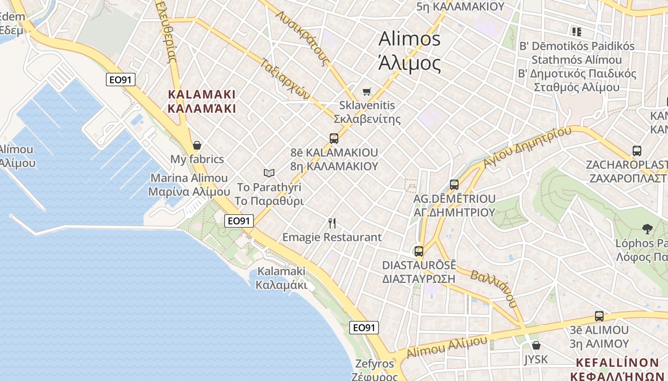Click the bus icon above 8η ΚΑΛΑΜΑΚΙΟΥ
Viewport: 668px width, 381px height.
334,139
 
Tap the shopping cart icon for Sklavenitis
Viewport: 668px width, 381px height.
366,91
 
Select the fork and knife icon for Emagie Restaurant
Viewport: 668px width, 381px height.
333,223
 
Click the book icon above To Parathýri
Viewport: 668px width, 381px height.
269,173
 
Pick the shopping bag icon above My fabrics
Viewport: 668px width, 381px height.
197,145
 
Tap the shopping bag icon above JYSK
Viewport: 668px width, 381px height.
536,345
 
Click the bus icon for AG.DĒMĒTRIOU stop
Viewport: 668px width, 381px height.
454,184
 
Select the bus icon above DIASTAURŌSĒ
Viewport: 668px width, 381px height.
419,251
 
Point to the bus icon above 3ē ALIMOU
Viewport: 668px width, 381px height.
599,316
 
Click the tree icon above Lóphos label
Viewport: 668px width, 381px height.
647,229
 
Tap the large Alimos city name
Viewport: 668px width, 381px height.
409,39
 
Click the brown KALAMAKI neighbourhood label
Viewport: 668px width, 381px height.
202,94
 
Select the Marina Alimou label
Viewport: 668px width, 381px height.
189,178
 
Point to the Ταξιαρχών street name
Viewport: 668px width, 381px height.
286,79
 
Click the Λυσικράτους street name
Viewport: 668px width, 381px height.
304,38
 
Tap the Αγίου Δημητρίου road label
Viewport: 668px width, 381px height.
527,147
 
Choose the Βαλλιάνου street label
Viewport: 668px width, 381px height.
493,288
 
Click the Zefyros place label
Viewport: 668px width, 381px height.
375,364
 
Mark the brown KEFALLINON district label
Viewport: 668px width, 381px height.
617,362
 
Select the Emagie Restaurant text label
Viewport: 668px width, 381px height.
332,237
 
